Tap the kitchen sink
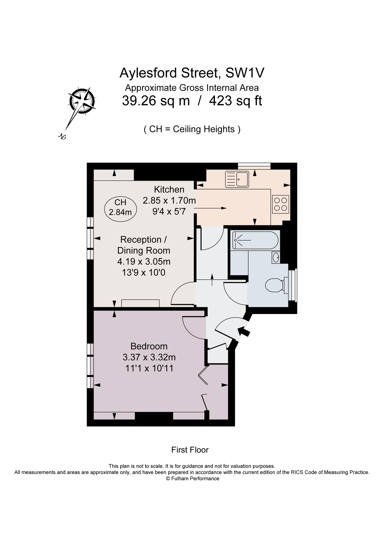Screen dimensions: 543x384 [x=237, y=179]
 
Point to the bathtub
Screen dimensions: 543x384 [x=255, y=240]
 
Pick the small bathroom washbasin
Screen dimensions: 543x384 [x=276, y=257]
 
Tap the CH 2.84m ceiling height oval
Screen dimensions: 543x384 [x=120, y=208]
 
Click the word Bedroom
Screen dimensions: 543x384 [x=149, y=346]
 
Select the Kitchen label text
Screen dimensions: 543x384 [x=169, y=189]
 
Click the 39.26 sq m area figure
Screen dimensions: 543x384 [x=156, y=101]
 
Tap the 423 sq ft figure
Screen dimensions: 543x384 [x=235, y=101]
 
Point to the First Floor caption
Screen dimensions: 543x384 [x=190, y=450]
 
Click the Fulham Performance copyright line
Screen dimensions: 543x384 [x=192, y=478]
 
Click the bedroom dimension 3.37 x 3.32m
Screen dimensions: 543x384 [x=149, y=357]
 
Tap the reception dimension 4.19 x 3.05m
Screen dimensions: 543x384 [x=144, y=262]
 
